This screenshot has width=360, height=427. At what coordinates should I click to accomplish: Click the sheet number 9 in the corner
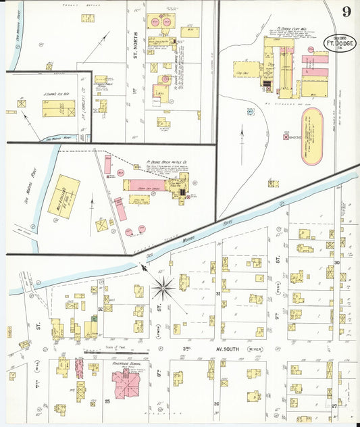[346, 11]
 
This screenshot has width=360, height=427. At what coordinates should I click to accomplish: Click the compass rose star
[163, 289]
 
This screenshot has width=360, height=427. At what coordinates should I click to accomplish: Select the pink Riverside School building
[124, 383]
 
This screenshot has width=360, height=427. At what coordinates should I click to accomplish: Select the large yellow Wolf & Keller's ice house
[63, 196]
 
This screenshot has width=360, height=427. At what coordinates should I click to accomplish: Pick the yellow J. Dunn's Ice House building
[59, 108]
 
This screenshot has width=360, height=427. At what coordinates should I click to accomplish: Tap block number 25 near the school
[107, 402]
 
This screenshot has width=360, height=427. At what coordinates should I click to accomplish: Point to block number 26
[215, 405]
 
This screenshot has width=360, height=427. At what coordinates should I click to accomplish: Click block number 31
[217, 294]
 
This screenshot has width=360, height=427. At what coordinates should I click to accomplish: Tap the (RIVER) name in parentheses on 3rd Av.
[255, 349]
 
